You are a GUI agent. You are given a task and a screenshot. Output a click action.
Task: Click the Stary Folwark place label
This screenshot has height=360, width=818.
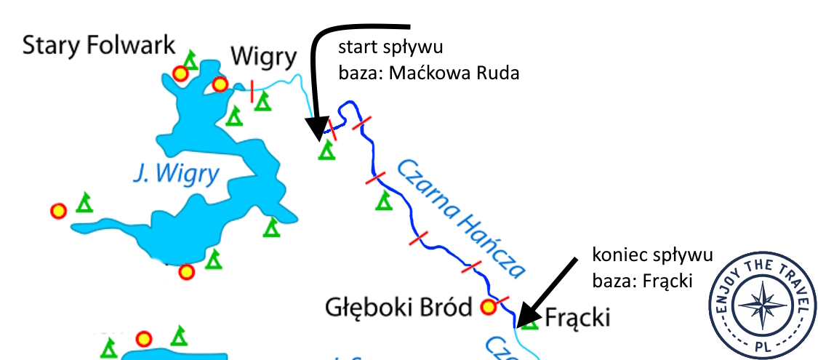[x=99, y=45]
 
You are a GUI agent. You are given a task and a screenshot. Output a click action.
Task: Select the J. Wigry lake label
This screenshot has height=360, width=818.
[x=177, y=174]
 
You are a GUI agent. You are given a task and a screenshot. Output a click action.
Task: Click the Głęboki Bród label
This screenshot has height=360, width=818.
[x=398, y=308]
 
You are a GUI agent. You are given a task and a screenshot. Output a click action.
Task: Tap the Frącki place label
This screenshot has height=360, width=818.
[x=577, y=318]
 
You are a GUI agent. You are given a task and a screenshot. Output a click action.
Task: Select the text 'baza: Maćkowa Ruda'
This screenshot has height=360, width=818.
[x=429, y=73]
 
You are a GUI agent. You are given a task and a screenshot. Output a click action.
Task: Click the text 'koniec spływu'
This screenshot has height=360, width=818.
[x=652, y=255]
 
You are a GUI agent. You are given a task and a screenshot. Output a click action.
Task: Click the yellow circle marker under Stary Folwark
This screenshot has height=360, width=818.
[x=180, y=73]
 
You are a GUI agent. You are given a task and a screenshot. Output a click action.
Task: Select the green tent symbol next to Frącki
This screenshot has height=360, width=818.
[x=530, y=321]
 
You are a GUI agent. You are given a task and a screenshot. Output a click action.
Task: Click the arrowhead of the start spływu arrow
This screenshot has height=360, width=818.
[x=315, y=131]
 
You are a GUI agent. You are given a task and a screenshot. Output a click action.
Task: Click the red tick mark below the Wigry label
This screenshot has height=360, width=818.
[x=252, y=92]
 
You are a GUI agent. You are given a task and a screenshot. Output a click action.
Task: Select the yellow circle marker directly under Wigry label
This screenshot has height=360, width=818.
[x=220, y=85]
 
